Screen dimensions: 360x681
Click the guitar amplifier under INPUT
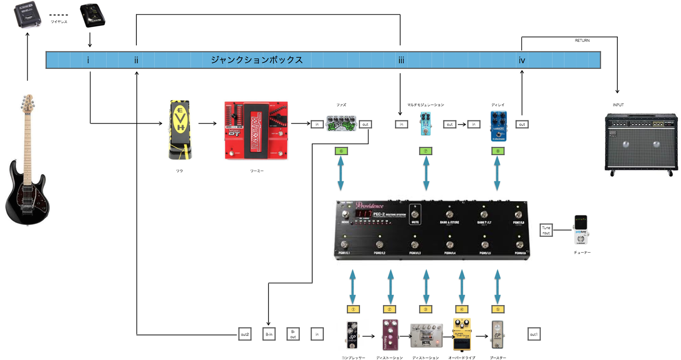point(641,143)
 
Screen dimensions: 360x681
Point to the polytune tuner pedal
point(582,230)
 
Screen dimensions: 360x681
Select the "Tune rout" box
point(546,230)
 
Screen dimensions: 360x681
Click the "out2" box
point(245,334)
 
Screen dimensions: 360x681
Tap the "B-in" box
point(269,334)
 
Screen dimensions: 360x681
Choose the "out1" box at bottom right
point(533,334)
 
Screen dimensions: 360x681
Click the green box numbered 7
point(426,151)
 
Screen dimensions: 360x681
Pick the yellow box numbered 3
point(426,309)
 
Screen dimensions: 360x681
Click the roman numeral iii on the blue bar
point(401,60)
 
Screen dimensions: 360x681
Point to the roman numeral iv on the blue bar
point(522,60)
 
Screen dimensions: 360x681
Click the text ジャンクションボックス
point(256,60)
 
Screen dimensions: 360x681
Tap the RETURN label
point(582,41)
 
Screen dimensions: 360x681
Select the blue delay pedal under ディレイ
point(498,126)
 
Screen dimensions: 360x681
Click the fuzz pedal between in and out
point(340,125)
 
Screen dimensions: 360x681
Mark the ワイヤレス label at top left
point(59,22)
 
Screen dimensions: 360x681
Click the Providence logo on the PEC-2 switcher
point(370,205)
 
